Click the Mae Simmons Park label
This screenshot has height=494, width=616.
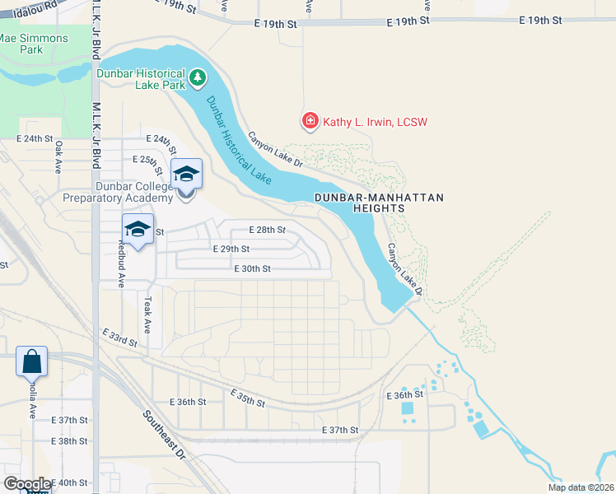pyautogui.click(x=21, y=44)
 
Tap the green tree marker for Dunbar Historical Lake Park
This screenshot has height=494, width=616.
pyautogui.click(x=198, y=78)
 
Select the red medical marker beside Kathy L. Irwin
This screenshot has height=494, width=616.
pyautogui.click(x=310, y=122)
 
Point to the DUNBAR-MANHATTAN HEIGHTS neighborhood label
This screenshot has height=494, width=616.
pyautogui.click(x=379, y=203)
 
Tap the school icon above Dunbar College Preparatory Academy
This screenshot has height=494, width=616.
pyautogui.click(x=186, y=174)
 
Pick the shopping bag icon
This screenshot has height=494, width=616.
pyautogui.click(x=31, y=361)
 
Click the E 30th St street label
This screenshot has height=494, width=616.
pyautogui.click(x=252, y=268)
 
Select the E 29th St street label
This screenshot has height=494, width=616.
pyautogui.click(x=231, y=249)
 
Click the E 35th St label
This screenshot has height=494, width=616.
pyautogui.click(x=247, y=398)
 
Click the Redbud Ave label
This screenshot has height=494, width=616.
pyautogui.click(x=121, y=262)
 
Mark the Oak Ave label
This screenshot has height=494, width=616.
pyautogui.click(x=58, y=156)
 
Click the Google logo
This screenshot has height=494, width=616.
pyautogui.click(x=26, y=484)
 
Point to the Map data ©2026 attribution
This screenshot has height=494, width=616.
pyautogui.click(x=581, y=487)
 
